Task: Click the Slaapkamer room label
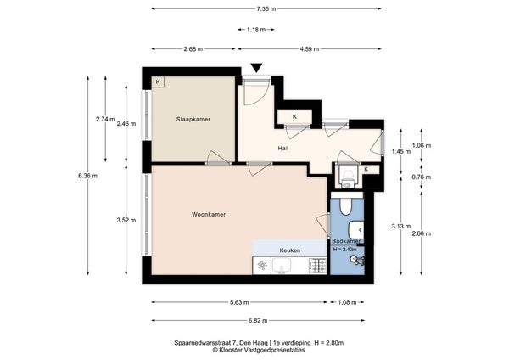pyautogui.click(x=193, y=119)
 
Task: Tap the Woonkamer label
pyautogui.click(x=209, y=215)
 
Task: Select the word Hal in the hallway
pyautogui.click(x=282, y=148)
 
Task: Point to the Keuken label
pyautogui.click(x=290, y=250)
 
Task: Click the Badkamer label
pyautogui.click(x=346, y=241)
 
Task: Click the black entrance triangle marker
pyautogui.click(x=256, y=68)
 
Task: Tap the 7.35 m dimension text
pyautogui.click(x=266, y=9)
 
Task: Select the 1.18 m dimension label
pyautogui.click(x=256, y=30)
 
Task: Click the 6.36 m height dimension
pyautogui.click(x=87, y=176)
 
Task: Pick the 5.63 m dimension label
pyautogui.click(x=239, y=302)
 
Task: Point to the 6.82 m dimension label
pyautogui.click(x=258, y=321)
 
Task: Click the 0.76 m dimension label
pyautogui.click(x=422, y=177)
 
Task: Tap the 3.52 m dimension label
pyautogui.click(x=126, y=220)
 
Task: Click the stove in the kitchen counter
pyautogui.click(x=318, y=266)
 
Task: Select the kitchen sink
pyautogui.click(x=281, y=266)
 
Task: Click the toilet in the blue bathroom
pyautogui.click(x=345, y=207)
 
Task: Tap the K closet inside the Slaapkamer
pyautogui.click(x=158, y=82)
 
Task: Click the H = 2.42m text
pyautogui.click(x=344, y=250)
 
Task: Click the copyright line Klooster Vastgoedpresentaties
pyautogui.click(x=259, y=350)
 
